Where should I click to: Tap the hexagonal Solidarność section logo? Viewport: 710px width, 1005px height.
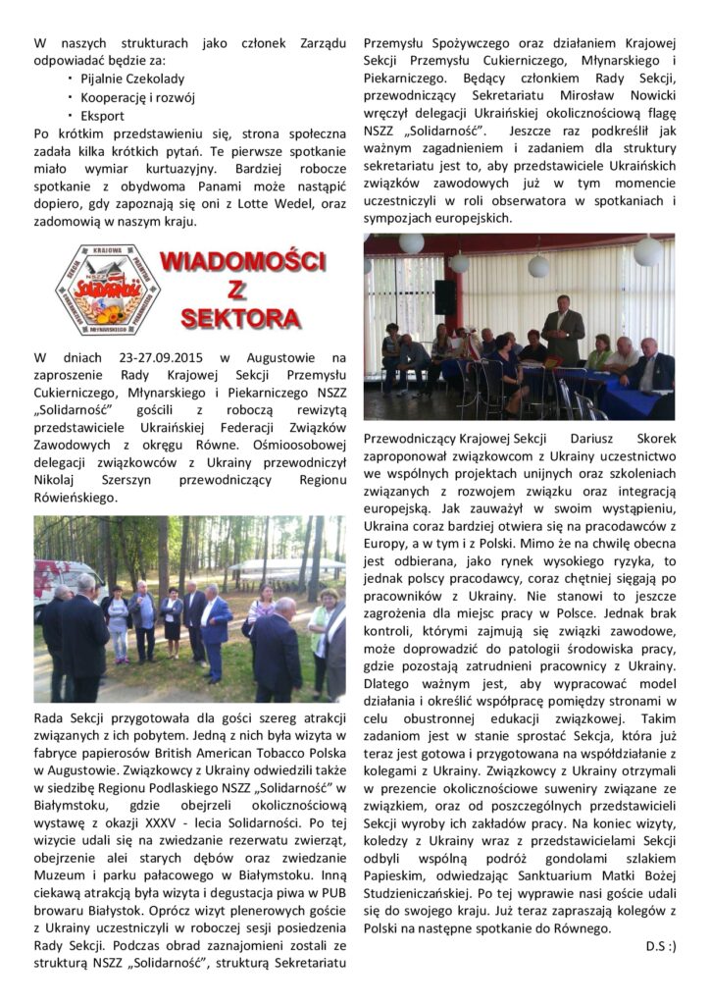(x=107, y=290)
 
